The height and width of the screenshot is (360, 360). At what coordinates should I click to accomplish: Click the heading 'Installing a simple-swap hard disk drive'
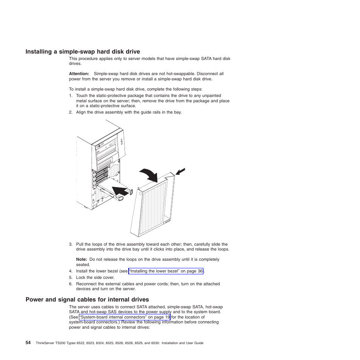(83, 52)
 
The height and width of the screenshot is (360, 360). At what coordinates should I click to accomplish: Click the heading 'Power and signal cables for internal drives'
(87, 300)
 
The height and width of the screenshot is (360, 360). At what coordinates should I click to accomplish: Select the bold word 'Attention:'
(79, 74)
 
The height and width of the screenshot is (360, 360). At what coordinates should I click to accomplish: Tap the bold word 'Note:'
(82, 260)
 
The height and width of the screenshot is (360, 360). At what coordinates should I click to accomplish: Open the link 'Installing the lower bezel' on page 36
(166, 271)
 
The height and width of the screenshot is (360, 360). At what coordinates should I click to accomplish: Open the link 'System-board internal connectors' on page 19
(125, 317)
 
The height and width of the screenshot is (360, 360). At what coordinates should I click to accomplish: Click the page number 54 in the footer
(28, 343)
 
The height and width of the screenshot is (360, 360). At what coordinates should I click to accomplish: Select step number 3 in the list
(71, 245)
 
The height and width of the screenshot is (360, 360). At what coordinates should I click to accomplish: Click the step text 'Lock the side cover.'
(95, 278)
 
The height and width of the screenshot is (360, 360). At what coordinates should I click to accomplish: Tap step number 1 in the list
(71, 96)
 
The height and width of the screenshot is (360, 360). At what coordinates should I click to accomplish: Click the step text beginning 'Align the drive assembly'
(129, 112)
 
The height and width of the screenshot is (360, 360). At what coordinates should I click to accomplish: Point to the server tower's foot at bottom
(87, 208)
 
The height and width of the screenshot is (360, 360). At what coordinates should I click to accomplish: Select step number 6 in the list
(71, 284)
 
